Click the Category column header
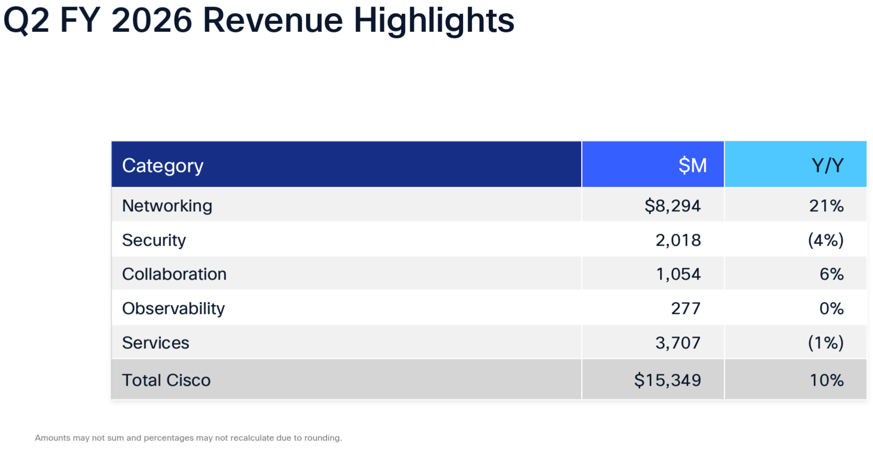pos(163,165)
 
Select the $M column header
pos(693,165)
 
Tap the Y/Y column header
pos(827,165)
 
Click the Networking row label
pos(167,205)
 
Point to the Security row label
pos(154,240)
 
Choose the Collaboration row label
pos(174,274)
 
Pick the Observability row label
pos(174,308)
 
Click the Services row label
pos(156,342)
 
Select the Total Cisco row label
pos(166,380)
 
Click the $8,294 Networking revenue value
pos(673,205)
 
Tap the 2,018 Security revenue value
pos(678,240)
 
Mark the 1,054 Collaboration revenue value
pos(678,274)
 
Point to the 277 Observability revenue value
pos(686,308)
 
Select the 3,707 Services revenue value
pos(678,342)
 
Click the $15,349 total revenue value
pos(668,380)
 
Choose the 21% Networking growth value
pos(826,205)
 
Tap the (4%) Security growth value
pos(826,240)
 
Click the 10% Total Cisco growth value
pos(826,380)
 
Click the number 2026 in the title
pos(152,20)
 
